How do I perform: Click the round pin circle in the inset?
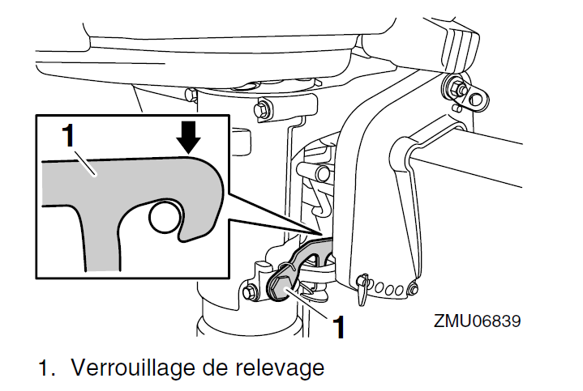click(165, 216)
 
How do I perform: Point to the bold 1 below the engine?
click(340, 325)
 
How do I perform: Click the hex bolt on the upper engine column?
click(264, 108)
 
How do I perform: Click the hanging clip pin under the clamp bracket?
click(364, 284)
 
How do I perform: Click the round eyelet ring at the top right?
click(478, 99)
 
